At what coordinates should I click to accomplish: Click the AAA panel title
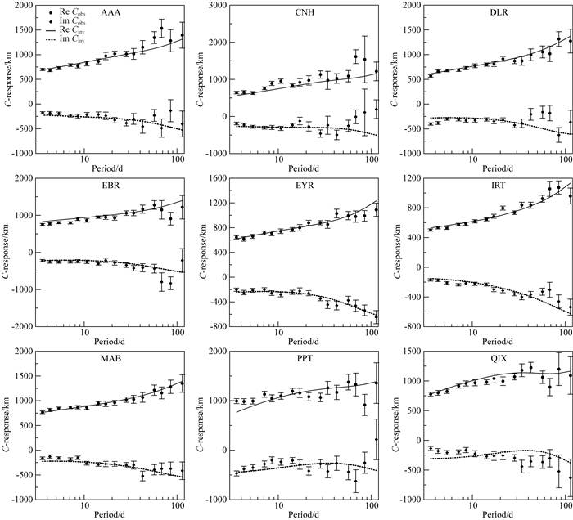click(x=109, y=14)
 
